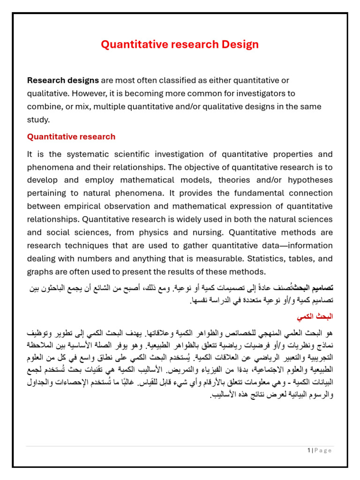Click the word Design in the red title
coord(239,45)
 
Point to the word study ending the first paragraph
coord(37,120)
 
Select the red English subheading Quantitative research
coord(71,137)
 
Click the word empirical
coord(85,206)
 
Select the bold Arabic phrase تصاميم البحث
coord(313,287)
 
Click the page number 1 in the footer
coord(309,450)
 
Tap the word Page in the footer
coord(323,450)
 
